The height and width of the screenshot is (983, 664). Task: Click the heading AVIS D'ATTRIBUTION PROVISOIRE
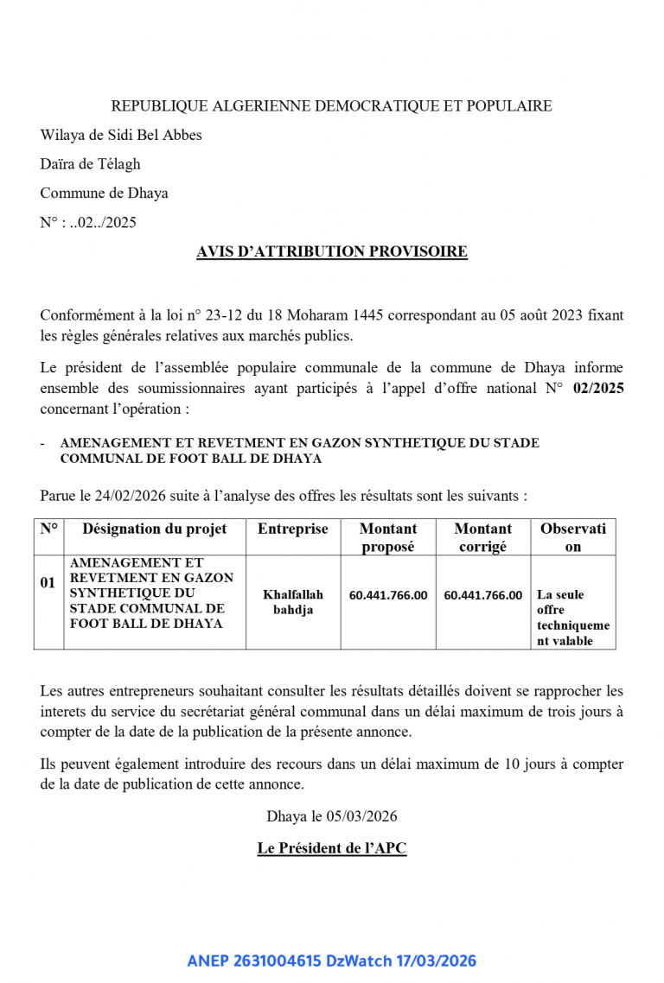click(331, 251)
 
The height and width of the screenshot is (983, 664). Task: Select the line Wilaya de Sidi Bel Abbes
click(121, 135)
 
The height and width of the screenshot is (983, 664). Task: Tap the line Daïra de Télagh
click(90, 164)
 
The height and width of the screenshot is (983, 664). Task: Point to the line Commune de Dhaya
click(104, 193)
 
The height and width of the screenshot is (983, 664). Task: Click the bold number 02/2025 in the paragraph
click(598, 389)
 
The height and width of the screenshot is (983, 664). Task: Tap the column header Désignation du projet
click(155, 529)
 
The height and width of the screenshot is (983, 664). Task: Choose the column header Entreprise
click(292, 529)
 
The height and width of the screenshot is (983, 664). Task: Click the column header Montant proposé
click(387, 537)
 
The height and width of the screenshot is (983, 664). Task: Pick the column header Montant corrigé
click(482, 537)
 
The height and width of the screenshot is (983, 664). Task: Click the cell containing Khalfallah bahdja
click(292, 602)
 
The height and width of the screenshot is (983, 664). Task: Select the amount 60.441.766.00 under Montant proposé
click(387, 595)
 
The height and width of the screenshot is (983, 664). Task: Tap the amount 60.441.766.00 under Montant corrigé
click(482, 595)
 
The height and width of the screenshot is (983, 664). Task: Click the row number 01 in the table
click(48, 583)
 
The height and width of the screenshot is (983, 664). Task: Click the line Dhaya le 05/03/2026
click(332, 816)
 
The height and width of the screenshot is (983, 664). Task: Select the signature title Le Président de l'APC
click(331, 848)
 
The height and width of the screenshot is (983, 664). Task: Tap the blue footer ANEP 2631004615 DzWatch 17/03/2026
click(331, 961)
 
